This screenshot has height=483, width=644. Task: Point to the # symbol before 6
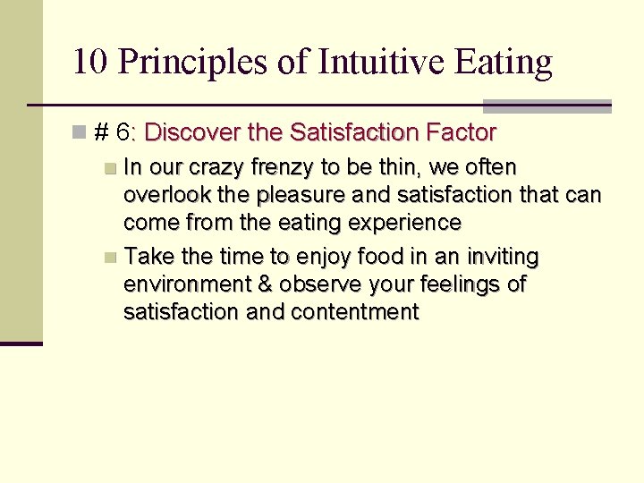pyautogui.click(x=101, y=133)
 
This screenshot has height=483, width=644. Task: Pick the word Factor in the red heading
pyautogui.click(x=462, y=133)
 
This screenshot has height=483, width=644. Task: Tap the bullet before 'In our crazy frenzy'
pyautogui.click(x=109, y=168)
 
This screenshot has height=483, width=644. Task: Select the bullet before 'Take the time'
pyautogui.click(x=109, y=258)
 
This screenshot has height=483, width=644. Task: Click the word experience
pyautogui.click(x=407, y=222)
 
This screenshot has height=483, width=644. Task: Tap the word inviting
pyautogui.click(x=504, y=258)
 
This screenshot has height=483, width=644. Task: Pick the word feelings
pyautogui.click(x=461, y=284)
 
